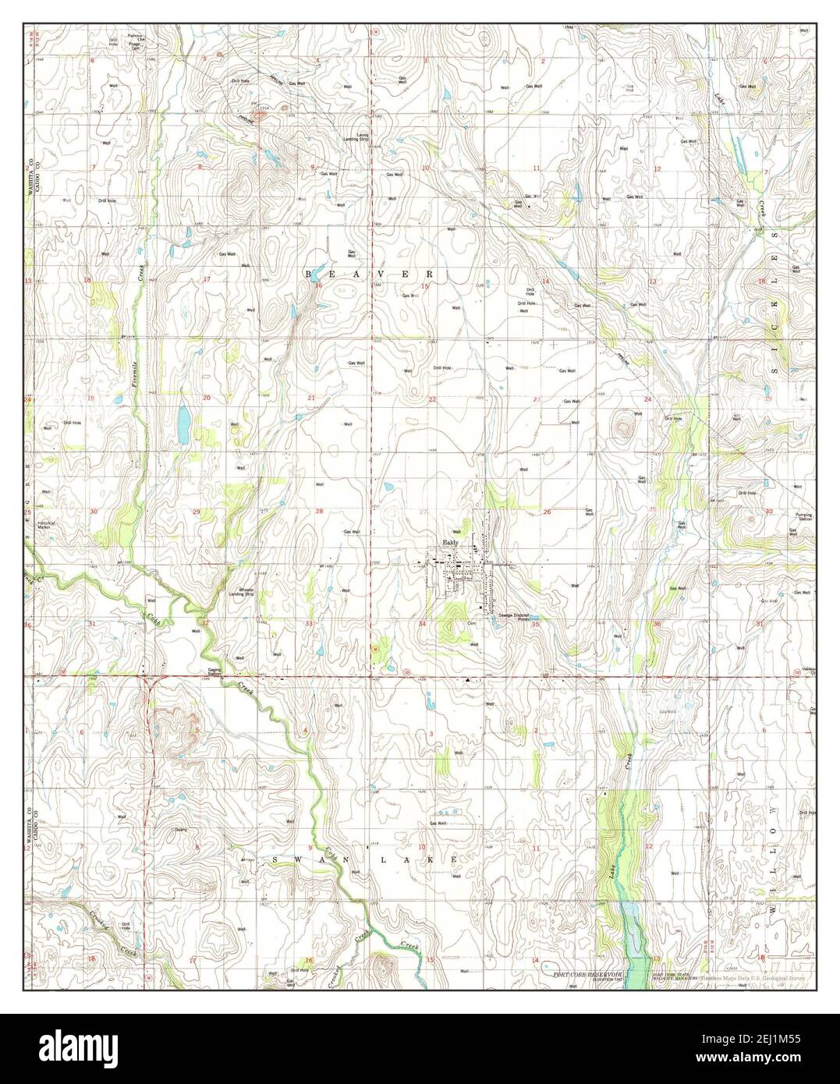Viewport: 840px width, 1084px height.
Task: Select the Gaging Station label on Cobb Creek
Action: pyautogui.click(x=214, y=672)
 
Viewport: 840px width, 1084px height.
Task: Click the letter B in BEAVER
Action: pyautogui.click(x=309, y=275)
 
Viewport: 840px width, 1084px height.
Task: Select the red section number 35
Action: pyautogui.click(x=536, y=625)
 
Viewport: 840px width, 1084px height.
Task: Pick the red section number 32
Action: pyautogui.click(x=205, y=623)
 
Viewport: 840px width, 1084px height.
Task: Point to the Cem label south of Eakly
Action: pyautogui.click(x=471, y=623)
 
